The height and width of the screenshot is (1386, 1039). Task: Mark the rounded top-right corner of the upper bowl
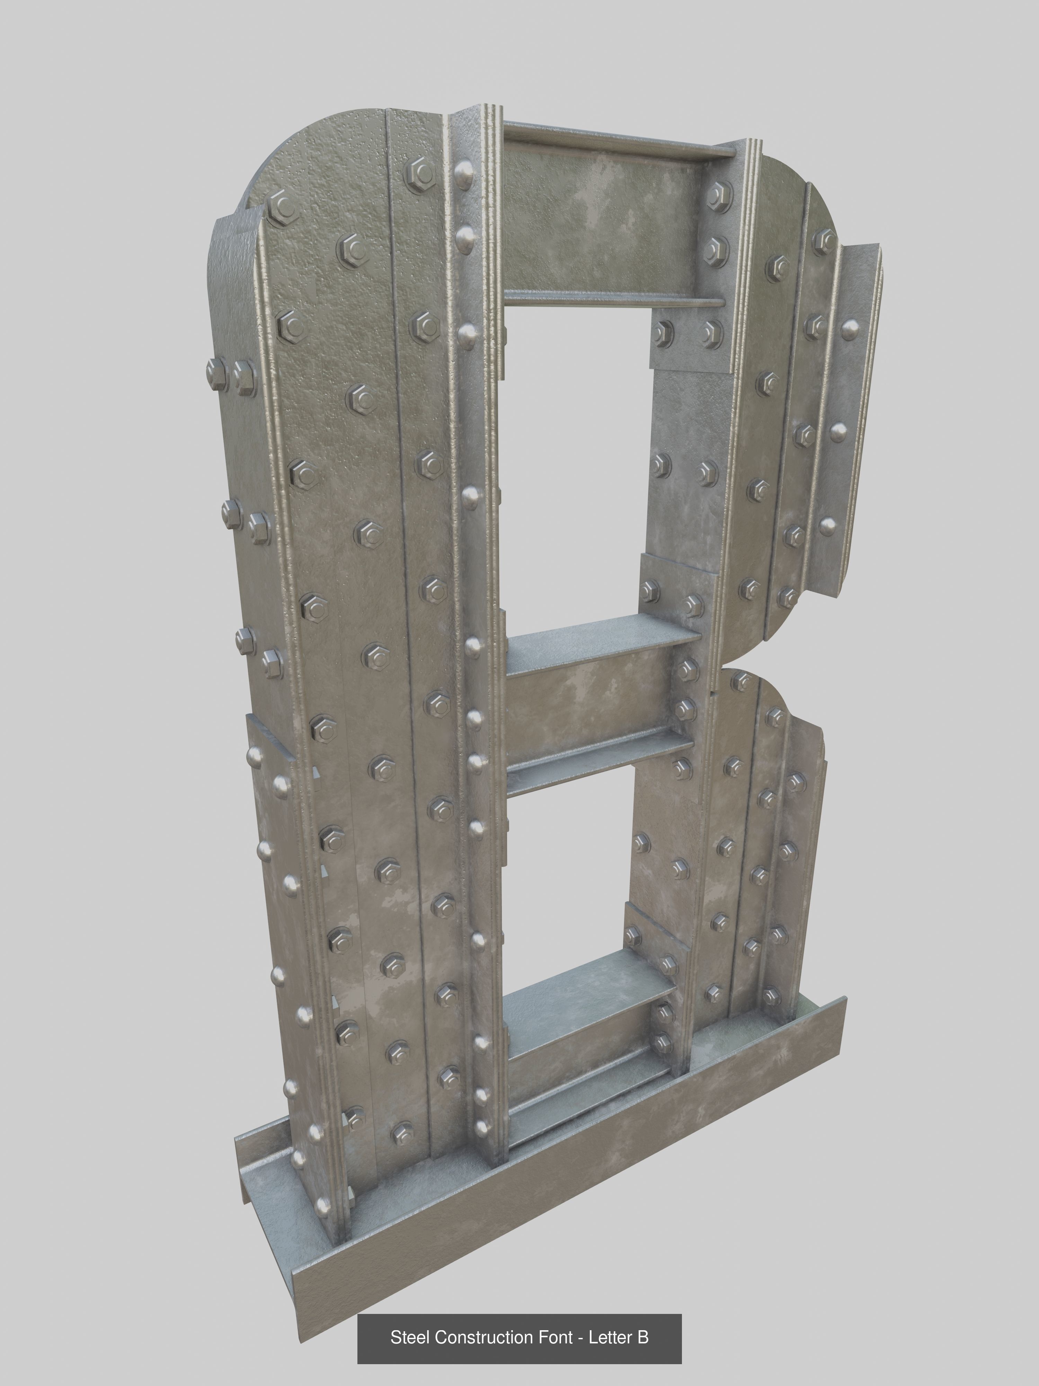click(820, 188)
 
